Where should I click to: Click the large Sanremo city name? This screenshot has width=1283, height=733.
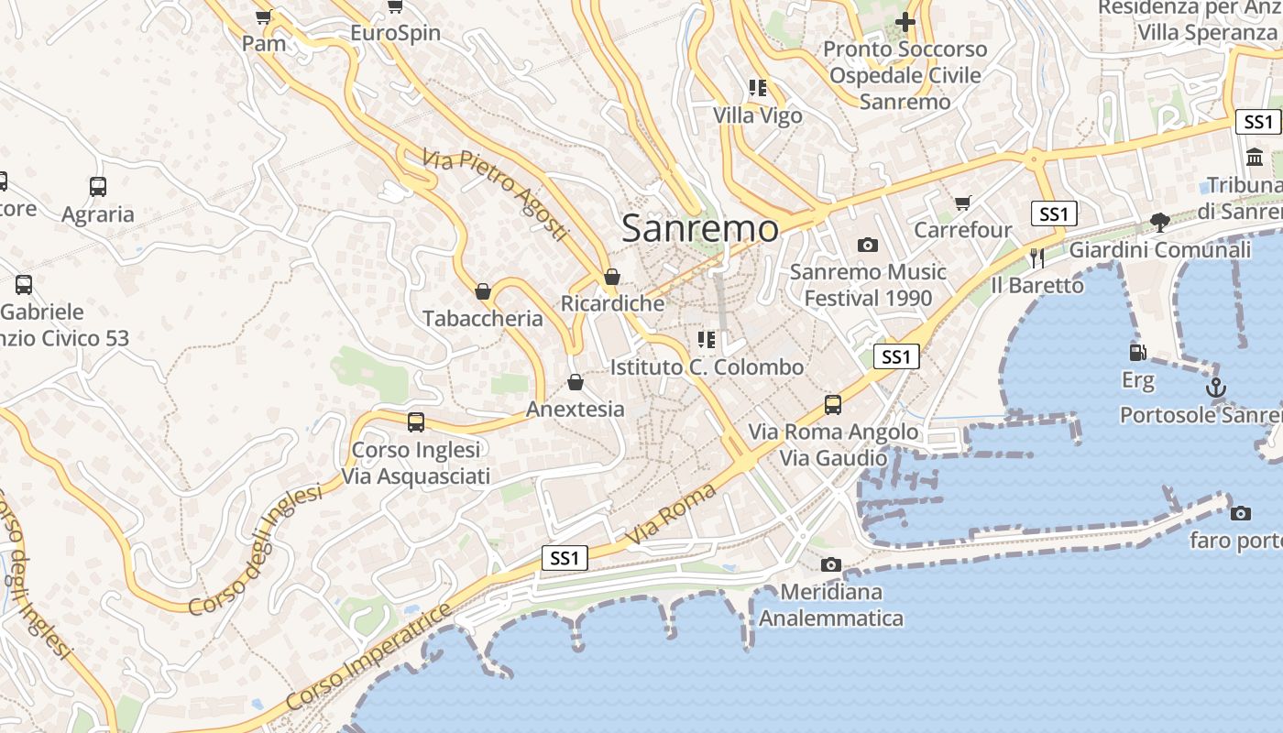pos(700,228)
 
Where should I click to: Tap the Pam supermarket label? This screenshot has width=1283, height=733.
pos(264,43)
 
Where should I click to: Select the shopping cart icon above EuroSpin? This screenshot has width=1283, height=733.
pos(395,6)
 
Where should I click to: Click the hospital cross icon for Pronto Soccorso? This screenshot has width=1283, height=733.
pos(905,22)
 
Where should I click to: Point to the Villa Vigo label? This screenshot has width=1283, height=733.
pos(758,115)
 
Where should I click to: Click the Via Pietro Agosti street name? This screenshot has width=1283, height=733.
pos(496,196)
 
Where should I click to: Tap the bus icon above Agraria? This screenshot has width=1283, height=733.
pos(98,187)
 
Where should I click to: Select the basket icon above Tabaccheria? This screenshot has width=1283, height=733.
pos(483,291)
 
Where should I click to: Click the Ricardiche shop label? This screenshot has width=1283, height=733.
pos(612,303)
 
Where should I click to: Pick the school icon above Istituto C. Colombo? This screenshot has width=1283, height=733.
pos(706,340)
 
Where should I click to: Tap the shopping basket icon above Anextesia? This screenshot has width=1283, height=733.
pos(576,382)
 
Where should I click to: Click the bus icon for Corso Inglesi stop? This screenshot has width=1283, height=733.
pos(416,422)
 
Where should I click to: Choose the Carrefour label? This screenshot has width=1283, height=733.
pos(962,229)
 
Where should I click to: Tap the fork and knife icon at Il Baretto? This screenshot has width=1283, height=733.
pos(1037,258)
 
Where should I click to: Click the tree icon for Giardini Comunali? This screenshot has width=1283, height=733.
pos(1159,222)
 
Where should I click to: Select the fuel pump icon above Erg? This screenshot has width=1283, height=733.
pos(1137,352)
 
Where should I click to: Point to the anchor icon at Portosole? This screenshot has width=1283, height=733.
pos(1215,388)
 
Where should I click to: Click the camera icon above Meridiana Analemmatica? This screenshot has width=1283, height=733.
pos(831,564)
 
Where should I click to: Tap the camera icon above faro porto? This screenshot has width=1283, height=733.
pos(1241,513)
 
